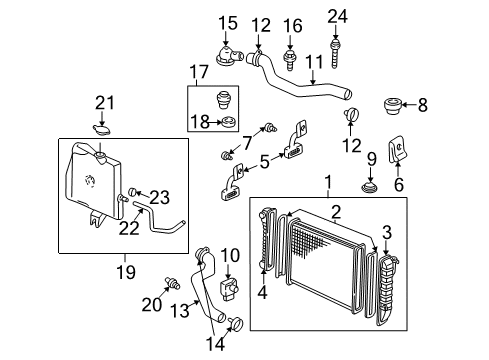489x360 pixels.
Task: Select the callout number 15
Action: click(229, 21)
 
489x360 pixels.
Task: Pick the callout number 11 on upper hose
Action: click(316, 61)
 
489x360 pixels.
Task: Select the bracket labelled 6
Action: click(401, 150)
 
